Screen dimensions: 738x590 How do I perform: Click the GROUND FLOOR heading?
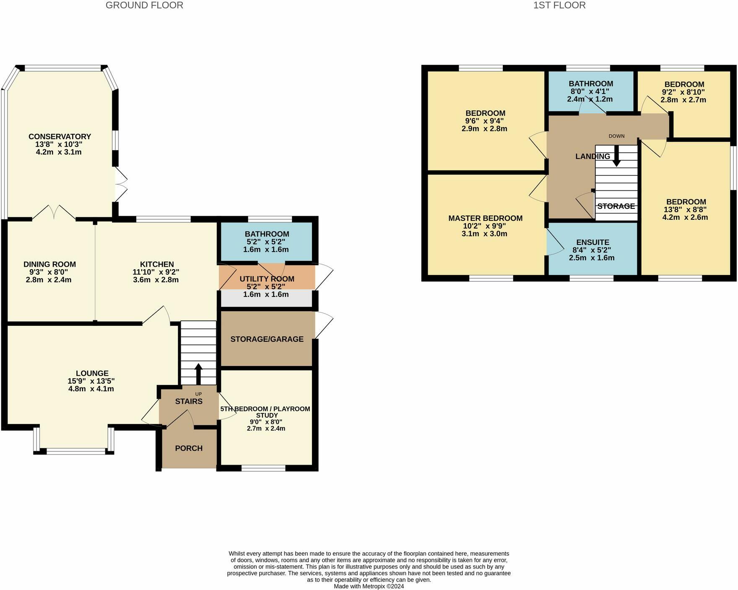click(144, 5)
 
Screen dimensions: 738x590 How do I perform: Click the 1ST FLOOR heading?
click(559, 5)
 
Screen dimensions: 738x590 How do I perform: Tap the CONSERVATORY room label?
click(60, 137)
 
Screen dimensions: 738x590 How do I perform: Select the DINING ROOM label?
click(49, 265)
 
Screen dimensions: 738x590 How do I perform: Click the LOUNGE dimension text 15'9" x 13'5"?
click(91, 381)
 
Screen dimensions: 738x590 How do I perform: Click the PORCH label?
click(189, 448)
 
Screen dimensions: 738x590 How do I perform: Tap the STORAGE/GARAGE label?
click(267, 339)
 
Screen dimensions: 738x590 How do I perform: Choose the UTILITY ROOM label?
click(267, 279)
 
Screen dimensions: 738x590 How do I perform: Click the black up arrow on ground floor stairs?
click(198, 374)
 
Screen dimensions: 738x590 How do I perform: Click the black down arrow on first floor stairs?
click(616, 156)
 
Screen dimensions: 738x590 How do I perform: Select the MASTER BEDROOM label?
click(486, 218)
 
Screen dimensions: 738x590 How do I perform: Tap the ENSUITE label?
click(593, 242)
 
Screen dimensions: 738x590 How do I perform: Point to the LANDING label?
click(593, 156)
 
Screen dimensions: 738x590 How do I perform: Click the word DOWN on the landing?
click(616, 136)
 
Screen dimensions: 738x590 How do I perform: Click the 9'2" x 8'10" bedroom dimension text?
click(683, 92)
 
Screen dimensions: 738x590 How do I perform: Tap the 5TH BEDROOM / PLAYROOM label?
click(265, 409)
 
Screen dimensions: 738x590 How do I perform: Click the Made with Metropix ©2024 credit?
click(369, 586)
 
